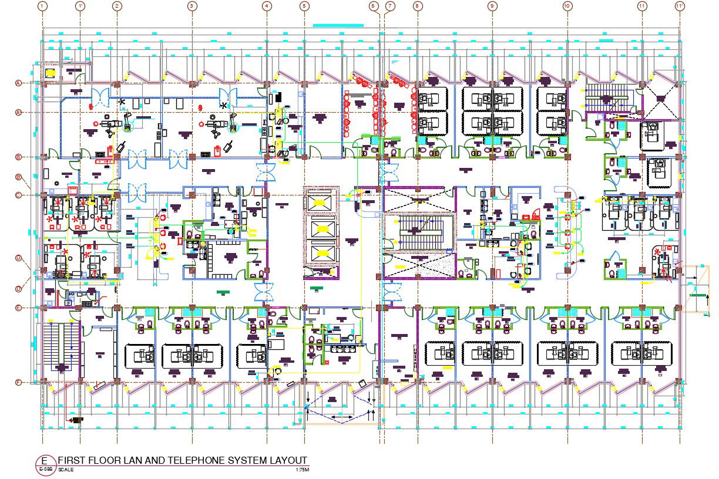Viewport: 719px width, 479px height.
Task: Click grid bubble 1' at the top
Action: (80, 6)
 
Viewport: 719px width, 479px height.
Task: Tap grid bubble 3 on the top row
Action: (191, 6)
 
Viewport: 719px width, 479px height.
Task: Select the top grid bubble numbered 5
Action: (304, 6)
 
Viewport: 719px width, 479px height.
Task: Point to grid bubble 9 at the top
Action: (492, 6)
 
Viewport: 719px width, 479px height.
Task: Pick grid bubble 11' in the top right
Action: (680, 6)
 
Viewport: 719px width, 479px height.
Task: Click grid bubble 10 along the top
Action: (567, 6)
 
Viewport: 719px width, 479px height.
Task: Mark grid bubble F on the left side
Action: (18, 383)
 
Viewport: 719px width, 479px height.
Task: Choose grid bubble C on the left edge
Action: (18, 195)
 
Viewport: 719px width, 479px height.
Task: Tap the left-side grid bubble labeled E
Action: (18, 308)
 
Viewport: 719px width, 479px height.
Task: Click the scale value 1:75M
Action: (302, 470)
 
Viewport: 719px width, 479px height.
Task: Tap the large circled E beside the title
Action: (44, 460)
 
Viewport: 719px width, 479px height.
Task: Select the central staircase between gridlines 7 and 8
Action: (418, 232)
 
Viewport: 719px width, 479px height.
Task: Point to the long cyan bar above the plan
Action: (338, 25)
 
